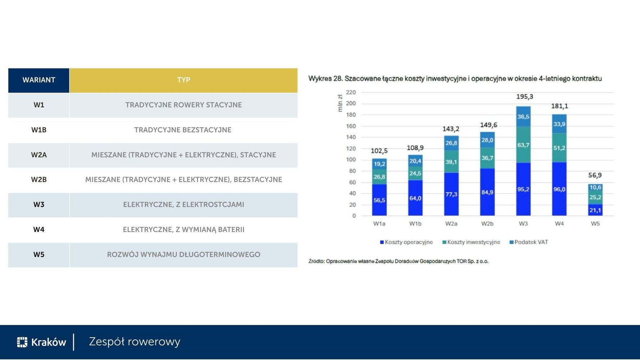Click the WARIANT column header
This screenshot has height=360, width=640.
click(39, 80)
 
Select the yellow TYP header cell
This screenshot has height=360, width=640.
click(184, 80)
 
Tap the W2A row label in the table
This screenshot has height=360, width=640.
click(39, 155)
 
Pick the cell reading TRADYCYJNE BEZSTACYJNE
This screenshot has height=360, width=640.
click(183, 130)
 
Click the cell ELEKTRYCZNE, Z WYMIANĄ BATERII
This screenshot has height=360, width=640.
click(184, 230)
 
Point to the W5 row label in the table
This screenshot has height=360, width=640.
click(39, 255)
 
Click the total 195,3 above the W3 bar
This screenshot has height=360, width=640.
click(524, 97)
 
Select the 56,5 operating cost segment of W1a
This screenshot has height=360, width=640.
click(379, 200)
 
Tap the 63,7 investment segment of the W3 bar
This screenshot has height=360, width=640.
click(523, 145)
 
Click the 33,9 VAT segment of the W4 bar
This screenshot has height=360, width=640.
click(559, 124)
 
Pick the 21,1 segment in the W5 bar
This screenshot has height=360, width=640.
click(595, 210)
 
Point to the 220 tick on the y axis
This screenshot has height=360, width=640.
click(351, 93)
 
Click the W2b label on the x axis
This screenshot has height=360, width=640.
click(487, 224)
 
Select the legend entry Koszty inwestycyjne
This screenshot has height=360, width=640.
click(471, 242)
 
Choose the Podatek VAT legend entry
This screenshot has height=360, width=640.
click(529, 242)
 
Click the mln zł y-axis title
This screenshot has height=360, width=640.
click(340, 103)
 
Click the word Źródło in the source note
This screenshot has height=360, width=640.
click(316, 261)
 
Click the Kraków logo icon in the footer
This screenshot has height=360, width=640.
click(22, 342)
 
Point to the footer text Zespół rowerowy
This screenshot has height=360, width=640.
click(135, 342)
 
